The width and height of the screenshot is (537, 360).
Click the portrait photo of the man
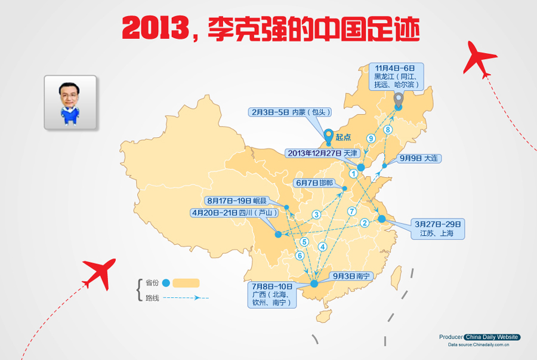70,102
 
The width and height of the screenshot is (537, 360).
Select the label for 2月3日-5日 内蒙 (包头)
290,112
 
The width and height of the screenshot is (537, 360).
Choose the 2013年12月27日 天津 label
323,153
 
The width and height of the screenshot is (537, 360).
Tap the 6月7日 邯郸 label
314,183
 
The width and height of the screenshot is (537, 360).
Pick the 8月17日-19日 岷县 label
237,201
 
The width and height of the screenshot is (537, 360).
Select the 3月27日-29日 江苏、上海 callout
438,229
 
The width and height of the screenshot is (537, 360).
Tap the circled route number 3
316,215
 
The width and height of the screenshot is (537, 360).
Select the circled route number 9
371,139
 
